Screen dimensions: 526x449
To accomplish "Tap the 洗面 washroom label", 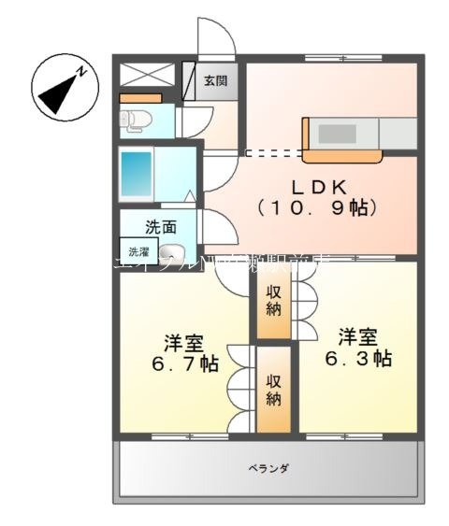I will (160, 225).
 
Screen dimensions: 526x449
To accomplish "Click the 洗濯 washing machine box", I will (138, 251).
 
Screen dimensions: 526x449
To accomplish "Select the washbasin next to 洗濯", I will (172, 252).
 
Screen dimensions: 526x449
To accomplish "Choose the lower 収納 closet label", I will (273, 391).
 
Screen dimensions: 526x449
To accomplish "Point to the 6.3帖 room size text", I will (359, 358).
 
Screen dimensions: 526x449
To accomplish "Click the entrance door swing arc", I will (217, 37).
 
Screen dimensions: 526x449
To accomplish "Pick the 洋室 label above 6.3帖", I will (359, 335).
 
